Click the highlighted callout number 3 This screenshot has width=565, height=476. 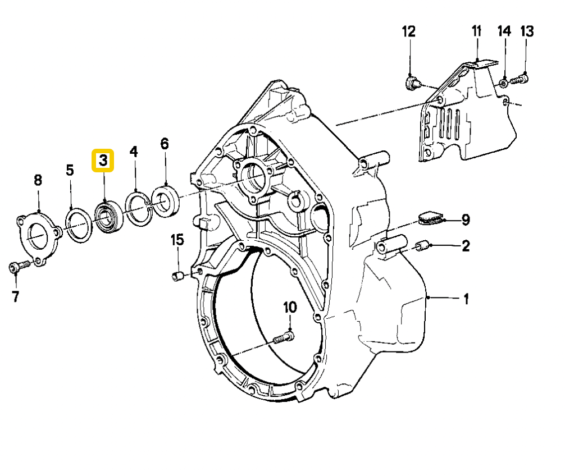click(x=103, y=161)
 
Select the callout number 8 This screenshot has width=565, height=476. click(x=38, y=180)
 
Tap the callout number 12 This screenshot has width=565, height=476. click(x=408, y=31)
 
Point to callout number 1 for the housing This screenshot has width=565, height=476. click(x=466, y=299)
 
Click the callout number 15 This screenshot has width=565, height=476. click(x=177, y=240)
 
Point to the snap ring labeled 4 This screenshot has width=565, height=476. click(x=138, y=209)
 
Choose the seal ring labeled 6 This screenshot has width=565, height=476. click(x=166, y=202)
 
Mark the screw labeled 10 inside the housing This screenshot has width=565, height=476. click(x=284, y=338)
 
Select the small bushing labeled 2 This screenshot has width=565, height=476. click(x=422, y=246)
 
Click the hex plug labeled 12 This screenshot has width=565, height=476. click(x=411, y=84)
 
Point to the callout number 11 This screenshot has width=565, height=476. click(x=476, y=31)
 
